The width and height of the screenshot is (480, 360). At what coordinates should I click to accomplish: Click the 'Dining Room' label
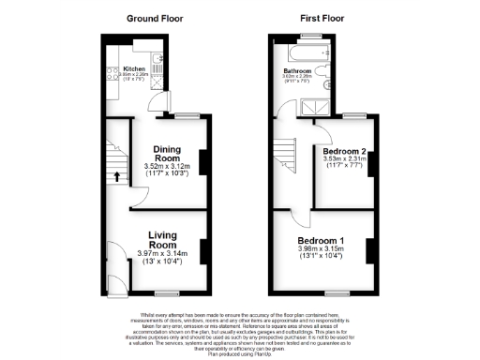pos(167,153)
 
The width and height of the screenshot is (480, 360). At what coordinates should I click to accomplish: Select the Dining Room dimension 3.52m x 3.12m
pos(167,167)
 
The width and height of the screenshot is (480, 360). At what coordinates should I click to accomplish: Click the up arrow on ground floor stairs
pos(118,175)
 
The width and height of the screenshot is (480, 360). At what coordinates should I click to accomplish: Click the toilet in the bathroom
pos(322,69)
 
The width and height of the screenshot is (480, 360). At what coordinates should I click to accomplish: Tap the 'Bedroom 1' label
pos(321,240)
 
